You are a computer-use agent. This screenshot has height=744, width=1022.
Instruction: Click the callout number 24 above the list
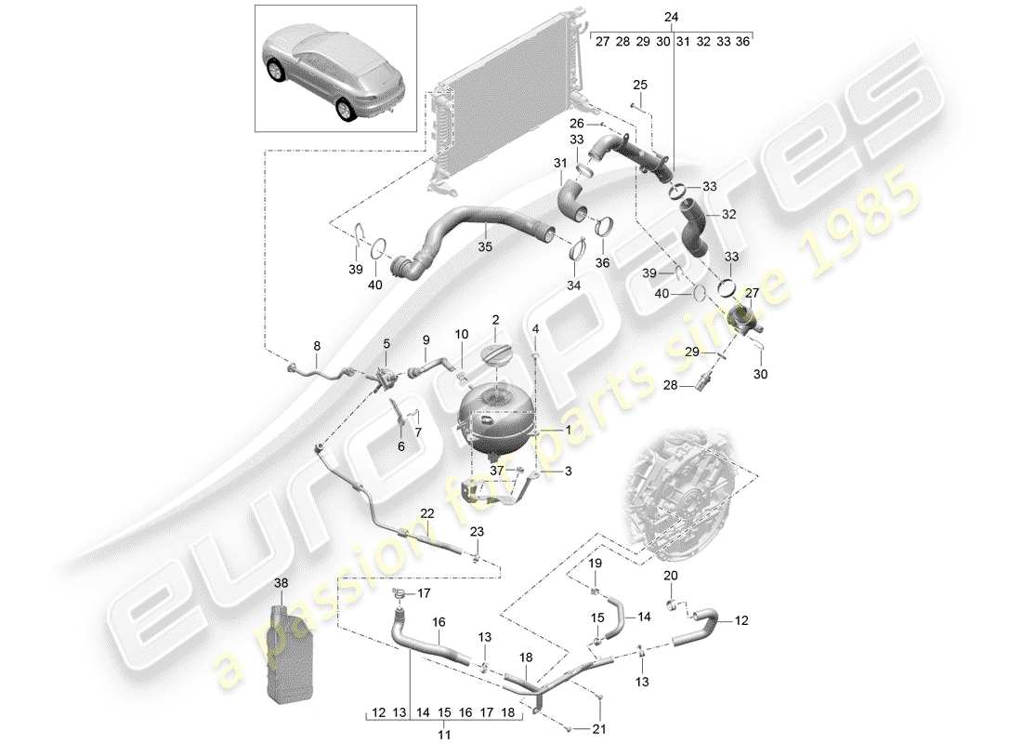pyautogui.click(x=672, y=18)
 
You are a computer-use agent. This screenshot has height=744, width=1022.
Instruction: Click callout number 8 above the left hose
pyautogui.click(x=316, y=345)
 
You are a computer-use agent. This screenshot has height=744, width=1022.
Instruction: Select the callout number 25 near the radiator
pyautogui.click(x=639, y=86)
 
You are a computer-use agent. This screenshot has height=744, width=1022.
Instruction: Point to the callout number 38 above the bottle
pyautogui.click(x=282, y=582)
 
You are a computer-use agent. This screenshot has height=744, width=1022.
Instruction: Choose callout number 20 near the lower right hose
pyautogui.click(x=670, y=576)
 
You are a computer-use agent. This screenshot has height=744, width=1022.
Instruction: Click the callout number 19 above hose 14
pyautogui.click(x=595, y=564)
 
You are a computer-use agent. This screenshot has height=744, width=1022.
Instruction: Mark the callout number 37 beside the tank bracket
pyautogui.click(x=499, y=471)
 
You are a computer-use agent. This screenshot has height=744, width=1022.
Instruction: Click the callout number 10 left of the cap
pyautogui.click(x=462, y=333)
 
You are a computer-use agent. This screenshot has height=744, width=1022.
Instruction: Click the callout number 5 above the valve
pyautogui.click(x=386, y=344)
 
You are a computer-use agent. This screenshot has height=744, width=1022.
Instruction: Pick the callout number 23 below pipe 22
pyautogui.click(x=477, y=532)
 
